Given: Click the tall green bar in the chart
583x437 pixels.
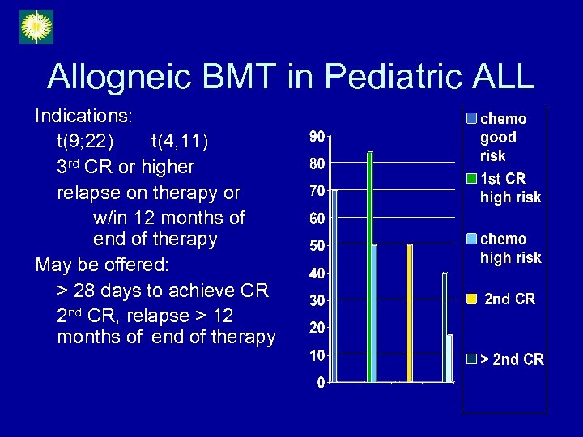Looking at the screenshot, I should [369, 267].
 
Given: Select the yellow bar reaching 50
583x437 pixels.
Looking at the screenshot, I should [410, 312].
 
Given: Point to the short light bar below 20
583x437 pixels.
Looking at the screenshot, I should [449, 358].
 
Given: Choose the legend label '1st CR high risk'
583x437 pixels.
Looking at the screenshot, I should [510, 188].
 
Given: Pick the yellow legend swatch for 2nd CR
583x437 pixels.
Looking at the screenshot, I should [471, 299].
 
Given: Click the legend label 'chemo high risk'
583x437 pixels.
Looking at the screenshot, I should [510, 248].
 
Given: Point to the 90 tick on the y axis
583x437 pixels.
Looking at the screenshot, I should [317, 136].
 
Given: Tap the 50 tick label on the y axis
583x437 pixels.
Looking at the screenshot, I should [317, 245].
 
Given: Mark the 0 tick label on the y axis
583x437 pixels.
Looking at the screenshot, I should [321, 382].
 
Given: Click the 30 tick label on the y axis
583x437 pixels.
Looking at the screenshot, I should [317, 300].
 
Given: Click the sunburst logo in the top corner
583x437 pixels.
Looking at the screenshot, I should [36, 27].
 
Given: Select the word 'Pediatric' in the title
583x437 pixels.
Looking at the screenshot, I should [373, 77].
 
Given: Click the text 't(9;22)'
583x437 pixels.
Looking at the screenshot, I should [85, 142].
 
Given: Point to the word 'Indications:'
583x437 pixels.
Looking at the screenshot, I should [83, 117].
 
